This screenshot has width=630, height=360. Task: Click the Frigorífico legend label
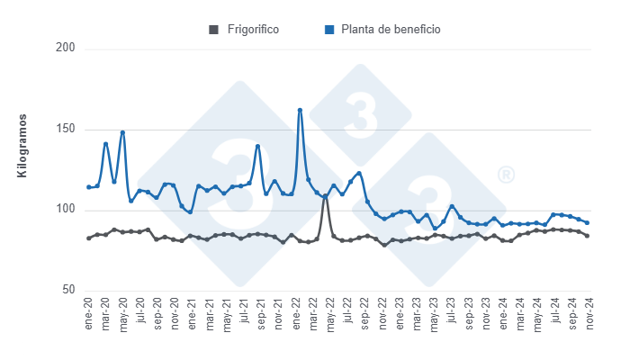click(253, 30)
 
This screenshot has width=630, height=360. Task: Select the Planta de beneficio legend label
click(391, 30)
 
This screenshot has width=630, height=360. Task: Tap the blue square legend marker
click(329, 30)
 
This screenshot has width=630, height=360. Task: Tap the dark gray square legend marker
click(213, 30)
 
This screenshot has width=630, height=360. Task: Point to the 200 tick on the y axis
click(65, 48)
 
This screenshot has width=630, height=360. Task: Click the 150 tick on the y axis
click(65, 130)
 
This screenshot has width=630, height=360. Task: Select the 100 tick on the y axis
click(65, 211)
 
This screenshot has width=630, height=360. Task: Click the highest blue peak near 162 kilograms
click(300, 110)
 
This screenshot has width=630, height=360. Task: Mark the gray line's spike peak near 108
click(325, 196)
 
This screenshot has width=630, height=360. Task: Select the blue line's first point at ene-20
click(88, 187)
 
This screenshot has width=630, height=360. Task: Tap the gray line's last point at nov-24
click(588, 236)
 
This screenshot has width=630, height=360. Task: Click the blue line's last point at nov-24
click(588, 222)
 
